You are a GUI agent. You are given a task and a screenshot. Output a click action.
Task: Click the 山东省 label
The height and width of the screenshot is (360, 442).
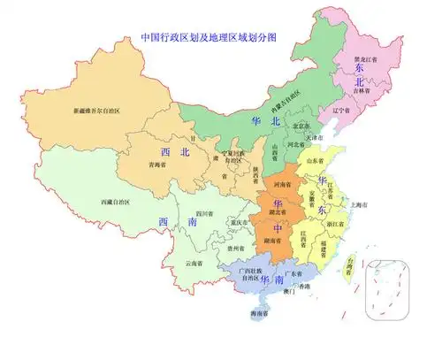(316, 161)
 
